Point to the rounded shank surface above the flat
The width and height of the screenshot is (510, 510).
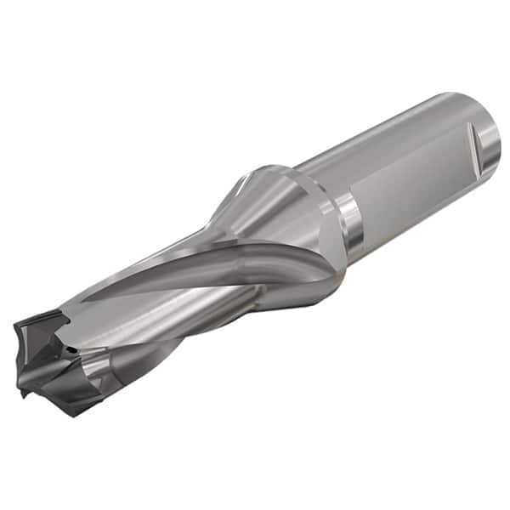tap(391, 127)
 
